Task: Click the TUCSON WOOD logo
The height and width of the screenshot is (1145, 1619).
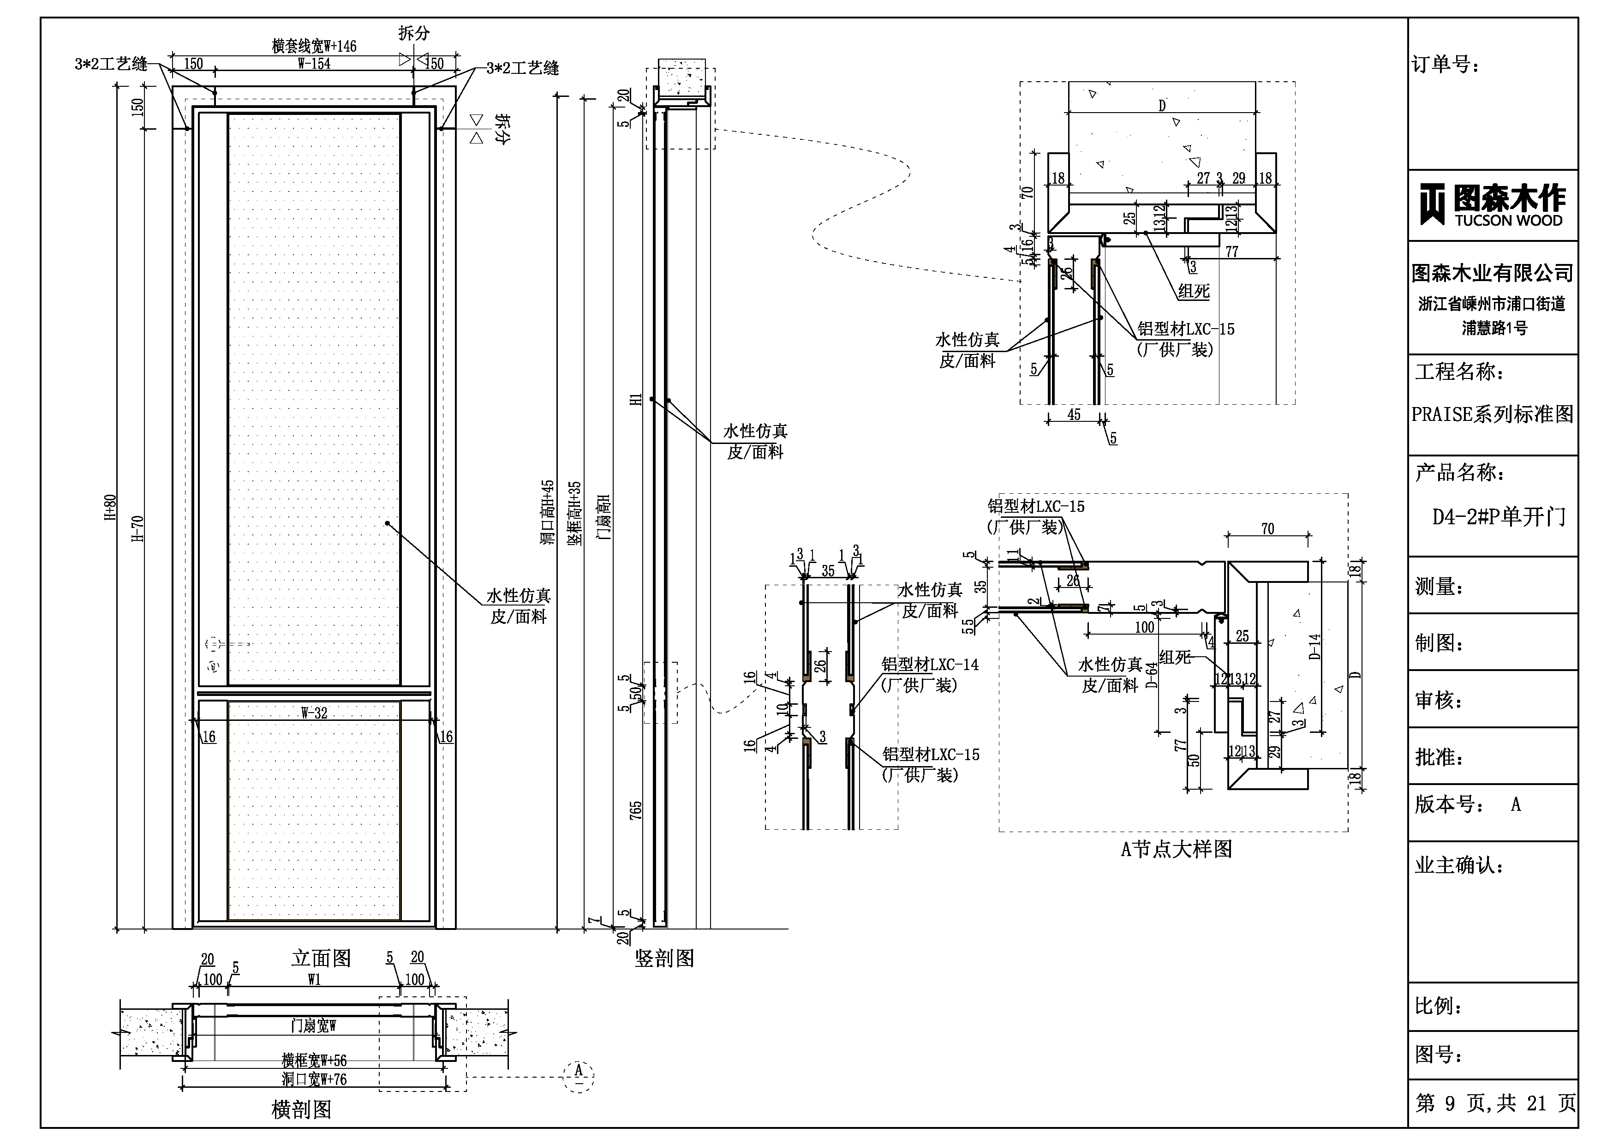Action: pos(1492,205)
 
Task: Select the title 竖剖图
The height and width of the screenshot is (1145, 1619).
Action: pos(664,958)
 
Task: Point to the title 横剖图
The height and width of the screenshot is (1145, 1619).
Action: pos(301,1110)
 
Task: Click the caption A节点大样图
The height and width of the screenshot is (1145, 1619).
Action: pos(1176,849)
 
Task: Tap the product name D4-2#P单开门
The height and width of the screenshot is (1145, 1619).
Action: pos(1499,517)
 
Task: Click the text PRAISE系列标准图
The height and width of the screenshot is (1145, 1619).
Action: pos(1492,414)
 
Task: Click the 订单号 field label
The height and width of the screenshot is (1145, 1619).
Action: pos(1446,65)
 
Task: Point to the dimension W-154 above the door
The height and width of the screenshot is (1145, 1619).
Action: pos(314,64)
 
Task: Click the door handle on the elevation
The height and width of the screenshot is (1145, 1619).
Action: pos(213,644)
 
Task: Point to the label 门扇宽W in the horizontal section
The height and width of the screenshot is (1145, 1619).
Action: pos(314,1025)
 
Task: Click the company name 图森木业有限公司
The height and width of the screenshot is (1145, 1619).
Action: pos(1492,273)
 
